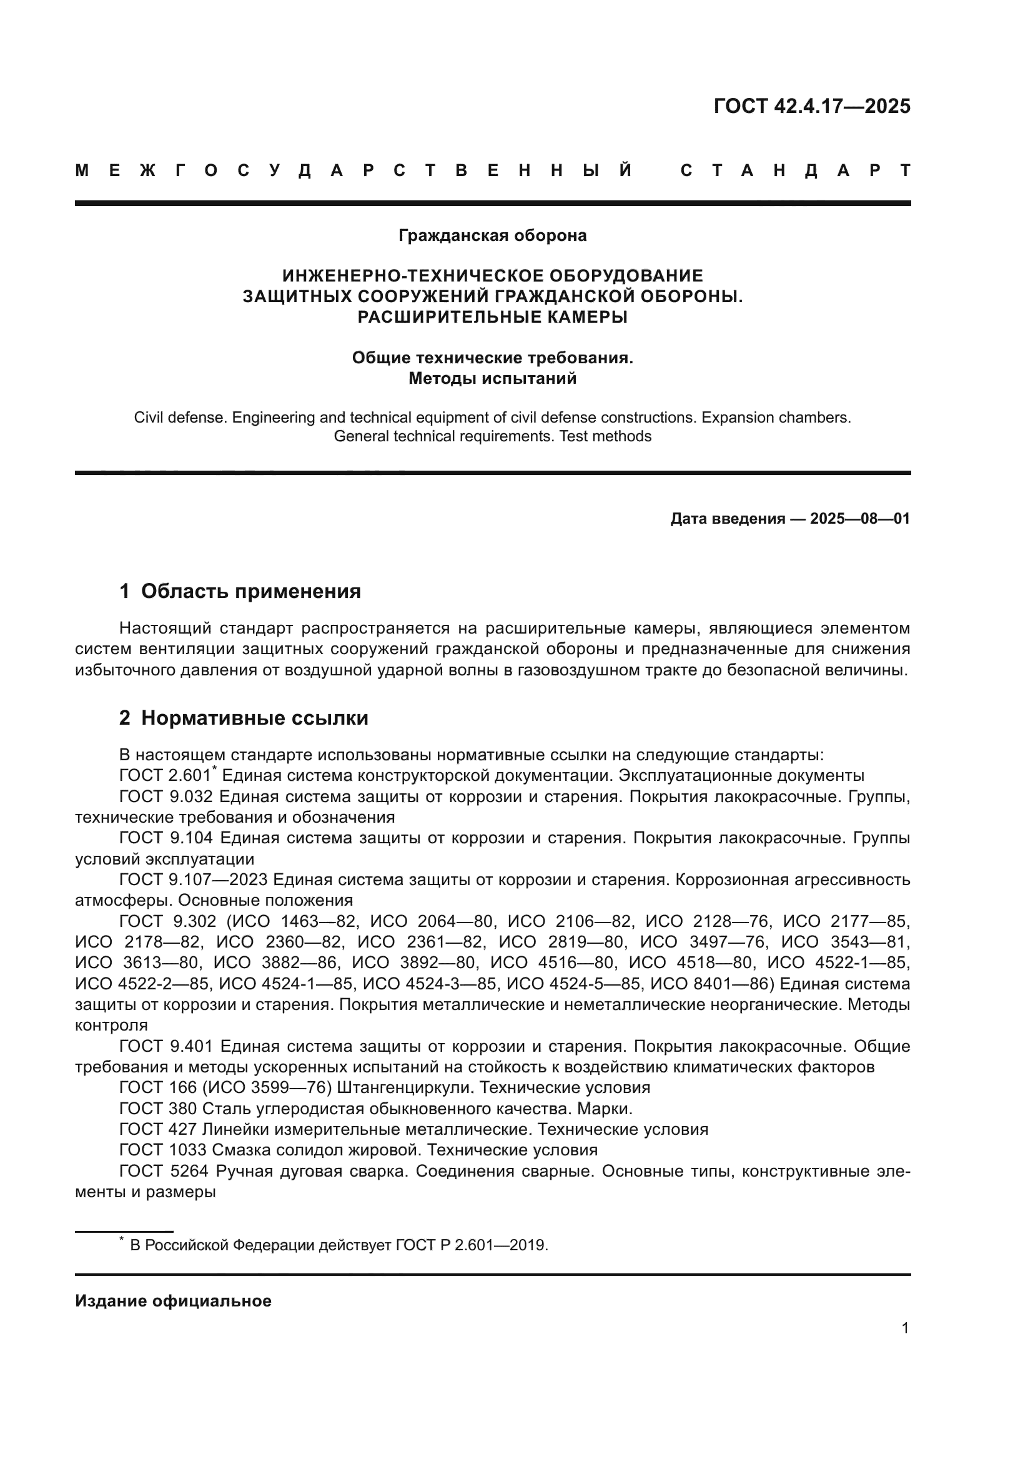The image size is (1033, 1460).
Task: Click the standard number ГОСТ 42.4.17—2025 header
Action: (812, 106)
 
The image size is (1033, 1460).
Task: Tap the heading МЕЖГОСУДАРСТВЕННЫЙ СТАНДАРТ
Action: (492, 170)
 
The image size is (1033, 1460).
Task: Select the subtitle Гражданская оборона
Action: (492, 235)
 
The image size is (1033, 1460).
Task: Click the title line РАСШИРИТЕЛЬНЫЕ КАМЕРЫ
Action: (492, 316)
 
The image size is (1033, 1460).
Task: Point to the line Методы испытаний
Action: (492, 378)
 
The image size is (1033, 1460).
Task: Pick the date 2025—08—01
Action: (859, 519)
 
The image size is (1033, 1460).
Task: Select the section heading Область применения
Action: (250, 591)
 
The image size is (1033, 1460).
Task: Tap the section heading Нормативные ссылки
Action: (254, 718)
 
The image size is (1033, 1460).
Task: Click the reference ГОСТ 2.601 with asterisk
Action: (167, 776)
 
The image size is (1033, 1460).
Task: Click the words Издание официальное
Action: (173, 1301)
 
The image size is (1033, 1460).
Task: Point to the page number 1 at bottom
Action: (904, 1328)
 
